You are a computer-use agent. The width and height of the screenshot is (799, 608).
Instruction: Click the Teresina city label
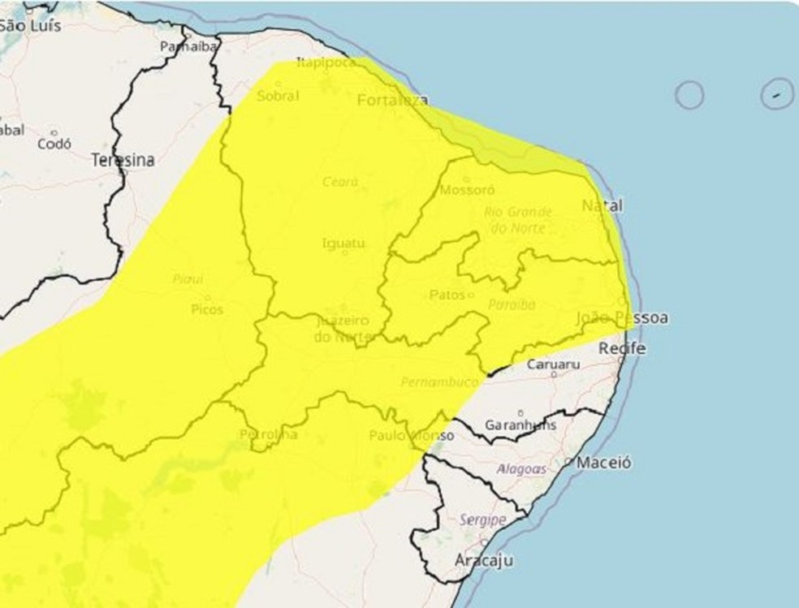click(x=122, y=161)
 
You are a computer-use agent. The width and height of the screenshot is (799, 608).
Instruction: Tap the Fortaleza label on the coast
click(x=392, y=101)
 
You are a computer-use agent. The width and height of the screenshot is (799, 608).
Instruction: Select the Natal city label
click(x=602, y=206)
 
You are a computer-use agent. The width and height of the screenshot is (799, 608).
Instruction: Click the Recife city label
click(x=622, y=348)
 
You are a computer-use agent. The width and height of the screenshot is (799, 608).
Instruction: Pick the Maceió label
click(x=603, y=463)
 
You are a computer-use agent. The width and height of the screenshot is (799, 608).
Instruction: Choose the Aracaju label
click(x=484, y=560)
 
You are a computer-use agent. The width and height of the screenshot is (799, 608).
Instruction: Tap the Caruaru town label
click(x=552, y=365)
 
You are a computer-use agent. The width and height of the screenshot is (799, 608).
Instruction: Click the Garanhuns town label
click(x=520, y=425)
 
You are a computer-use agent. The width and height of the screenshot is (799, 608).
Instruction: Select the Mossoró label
click(x=466, y=191)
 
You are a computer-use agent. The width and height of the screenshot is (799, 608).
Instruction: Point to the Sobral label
click(x=278, y=96)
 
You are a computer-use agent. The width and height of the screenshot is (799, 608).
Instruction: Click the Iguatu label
click(x=343, y=243)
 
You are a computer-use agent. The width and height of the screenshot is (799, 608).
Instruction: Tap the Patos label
click(x=447, y=295)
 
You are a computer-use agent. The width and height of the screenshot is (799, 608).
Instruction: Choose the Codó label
click(x=54, y=144)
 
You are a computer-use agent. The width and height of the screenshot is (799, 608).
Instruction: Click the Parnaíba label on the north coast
click(x=188, y=46)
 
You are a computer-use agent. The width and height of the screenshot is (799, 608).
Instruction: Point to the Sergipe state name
click(x=482, y=520)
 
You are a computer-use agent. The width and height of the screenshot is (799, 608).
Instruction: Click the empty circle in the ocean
click(x=689, y=95)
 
